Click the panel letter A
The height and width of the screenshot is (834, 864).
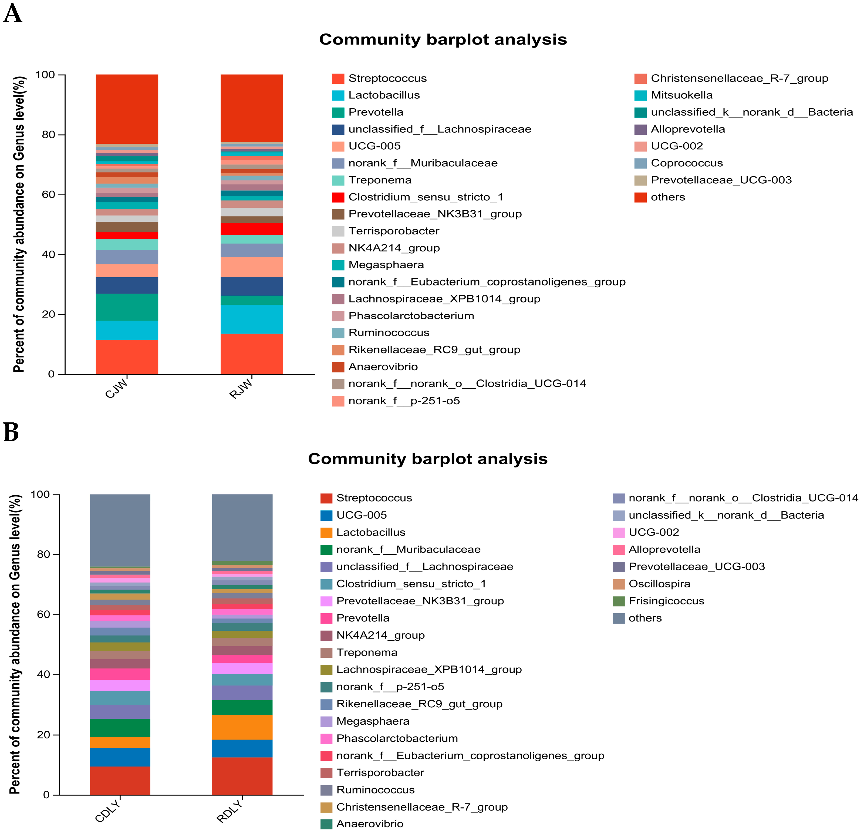12,13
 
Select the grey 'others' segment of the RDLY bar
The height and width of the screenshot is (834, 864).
242,527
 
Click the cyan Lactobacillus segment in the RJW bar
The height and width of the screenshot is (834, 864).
252,319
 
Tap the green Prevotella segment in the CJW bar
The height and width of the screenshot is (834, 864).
127,307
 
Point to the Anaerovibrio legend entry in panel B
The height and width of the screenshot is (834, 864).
369,824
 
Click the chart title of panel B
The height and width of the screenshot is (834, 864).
428,459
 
